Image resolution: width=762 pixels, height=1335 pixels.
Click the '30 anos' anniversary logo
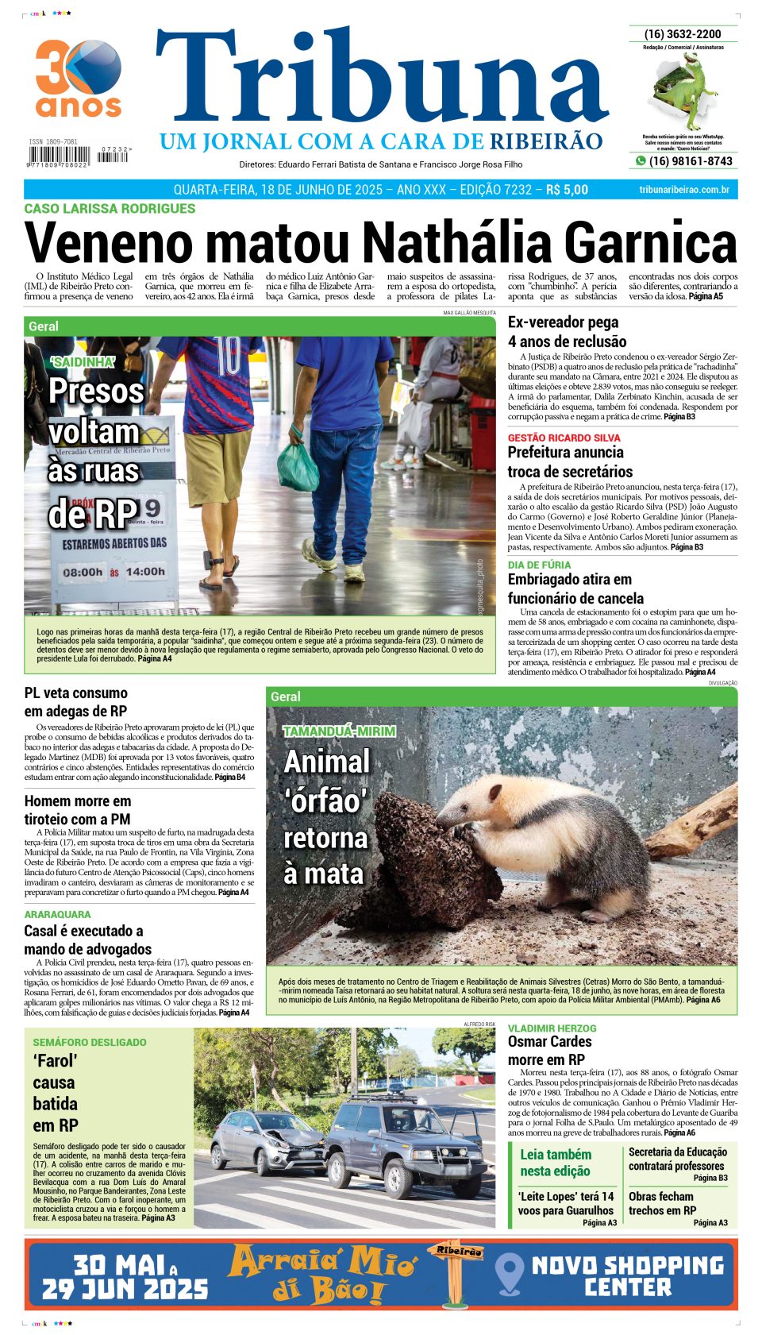[78, 79]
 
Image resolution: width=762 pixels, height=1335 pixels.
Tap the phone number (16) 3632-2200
[683, 34]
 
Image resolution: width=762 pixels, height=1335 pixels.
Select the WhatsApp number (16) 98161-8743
[690, 161]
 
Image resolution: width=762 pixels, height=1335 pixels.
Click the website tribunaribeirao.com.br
[683, 190]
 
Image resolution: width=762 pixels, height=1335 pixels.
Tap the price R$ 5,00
[567, 190]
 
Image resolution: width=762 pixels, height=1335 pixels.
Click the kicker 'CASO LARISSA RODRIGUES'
[110, 209]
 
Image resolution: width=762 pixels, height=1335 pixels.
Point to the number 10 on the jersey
[228, 357]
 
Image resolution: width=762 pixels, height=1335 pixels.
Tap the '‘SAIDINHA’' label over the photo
[83, 362]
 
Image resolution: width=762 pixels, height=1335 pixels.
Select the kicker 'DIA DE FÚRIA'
[539, 565]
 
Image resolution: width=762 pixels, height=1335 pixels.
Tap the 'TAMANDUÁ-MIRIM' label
[339, 731]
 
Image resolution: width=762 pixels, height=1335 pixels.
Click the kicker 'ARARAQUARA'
[57, 914]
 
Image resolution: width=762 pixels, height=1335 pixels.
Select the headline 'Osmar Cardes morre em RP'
[549, 1050]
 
